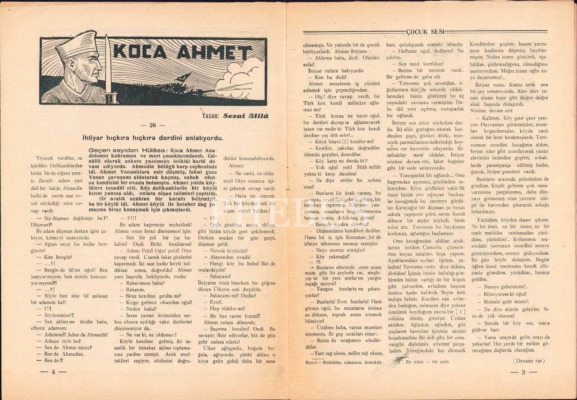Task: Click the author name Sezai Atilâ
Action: (246, 116)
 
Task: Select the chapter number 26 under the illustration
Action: (153, 125)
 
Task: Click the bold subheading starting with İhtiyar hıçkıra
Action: (153, 138)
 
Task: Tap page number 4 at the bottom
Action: (53, 372)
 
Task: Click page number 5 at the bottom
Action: (523, 372)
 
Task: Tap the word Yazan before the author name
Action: (211, 116)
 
